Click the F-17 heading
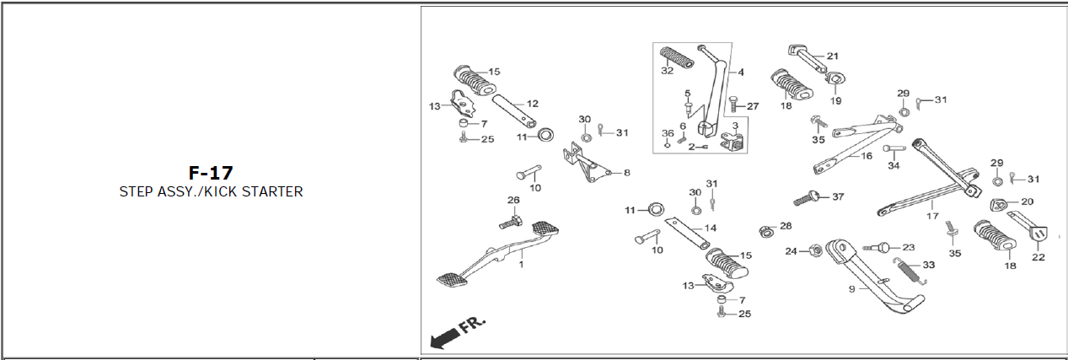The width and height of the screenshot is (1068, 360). pos(211,173)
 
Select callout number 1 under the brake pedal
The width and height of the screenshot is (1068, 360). pos(521,265)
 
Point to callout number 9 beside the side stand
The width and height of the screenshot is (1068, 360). pos(852,288)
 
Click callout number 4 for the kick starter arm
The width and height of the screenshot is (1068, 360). pos(741,73)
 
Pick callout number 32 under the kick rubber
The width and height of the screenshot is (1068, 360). pos(667,71)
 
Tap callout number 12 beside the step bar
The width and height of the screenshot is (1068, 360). pos(532,104)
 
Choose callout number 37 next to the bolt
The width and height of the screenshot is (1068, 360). pos(837,196)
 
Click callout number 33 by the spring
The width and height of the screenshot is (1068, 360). pos(928,265)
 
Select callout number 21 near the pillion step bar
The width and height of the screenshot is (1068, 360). pos(833,56)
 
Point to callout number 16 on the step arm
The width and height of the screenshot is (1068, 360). pos(867,155)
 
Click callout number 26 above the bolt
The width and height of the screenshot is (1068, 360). pos(513,200)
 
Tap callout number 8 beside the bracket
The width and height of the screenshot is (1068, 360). pos(626,173)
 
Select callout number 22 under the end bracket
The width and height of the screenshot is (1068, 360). pos(1038,257)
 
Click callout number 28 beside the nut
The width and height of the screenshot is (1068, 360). pos(786,226)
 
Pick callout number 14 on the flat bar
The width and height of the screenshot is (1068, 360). pos(710,228)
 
